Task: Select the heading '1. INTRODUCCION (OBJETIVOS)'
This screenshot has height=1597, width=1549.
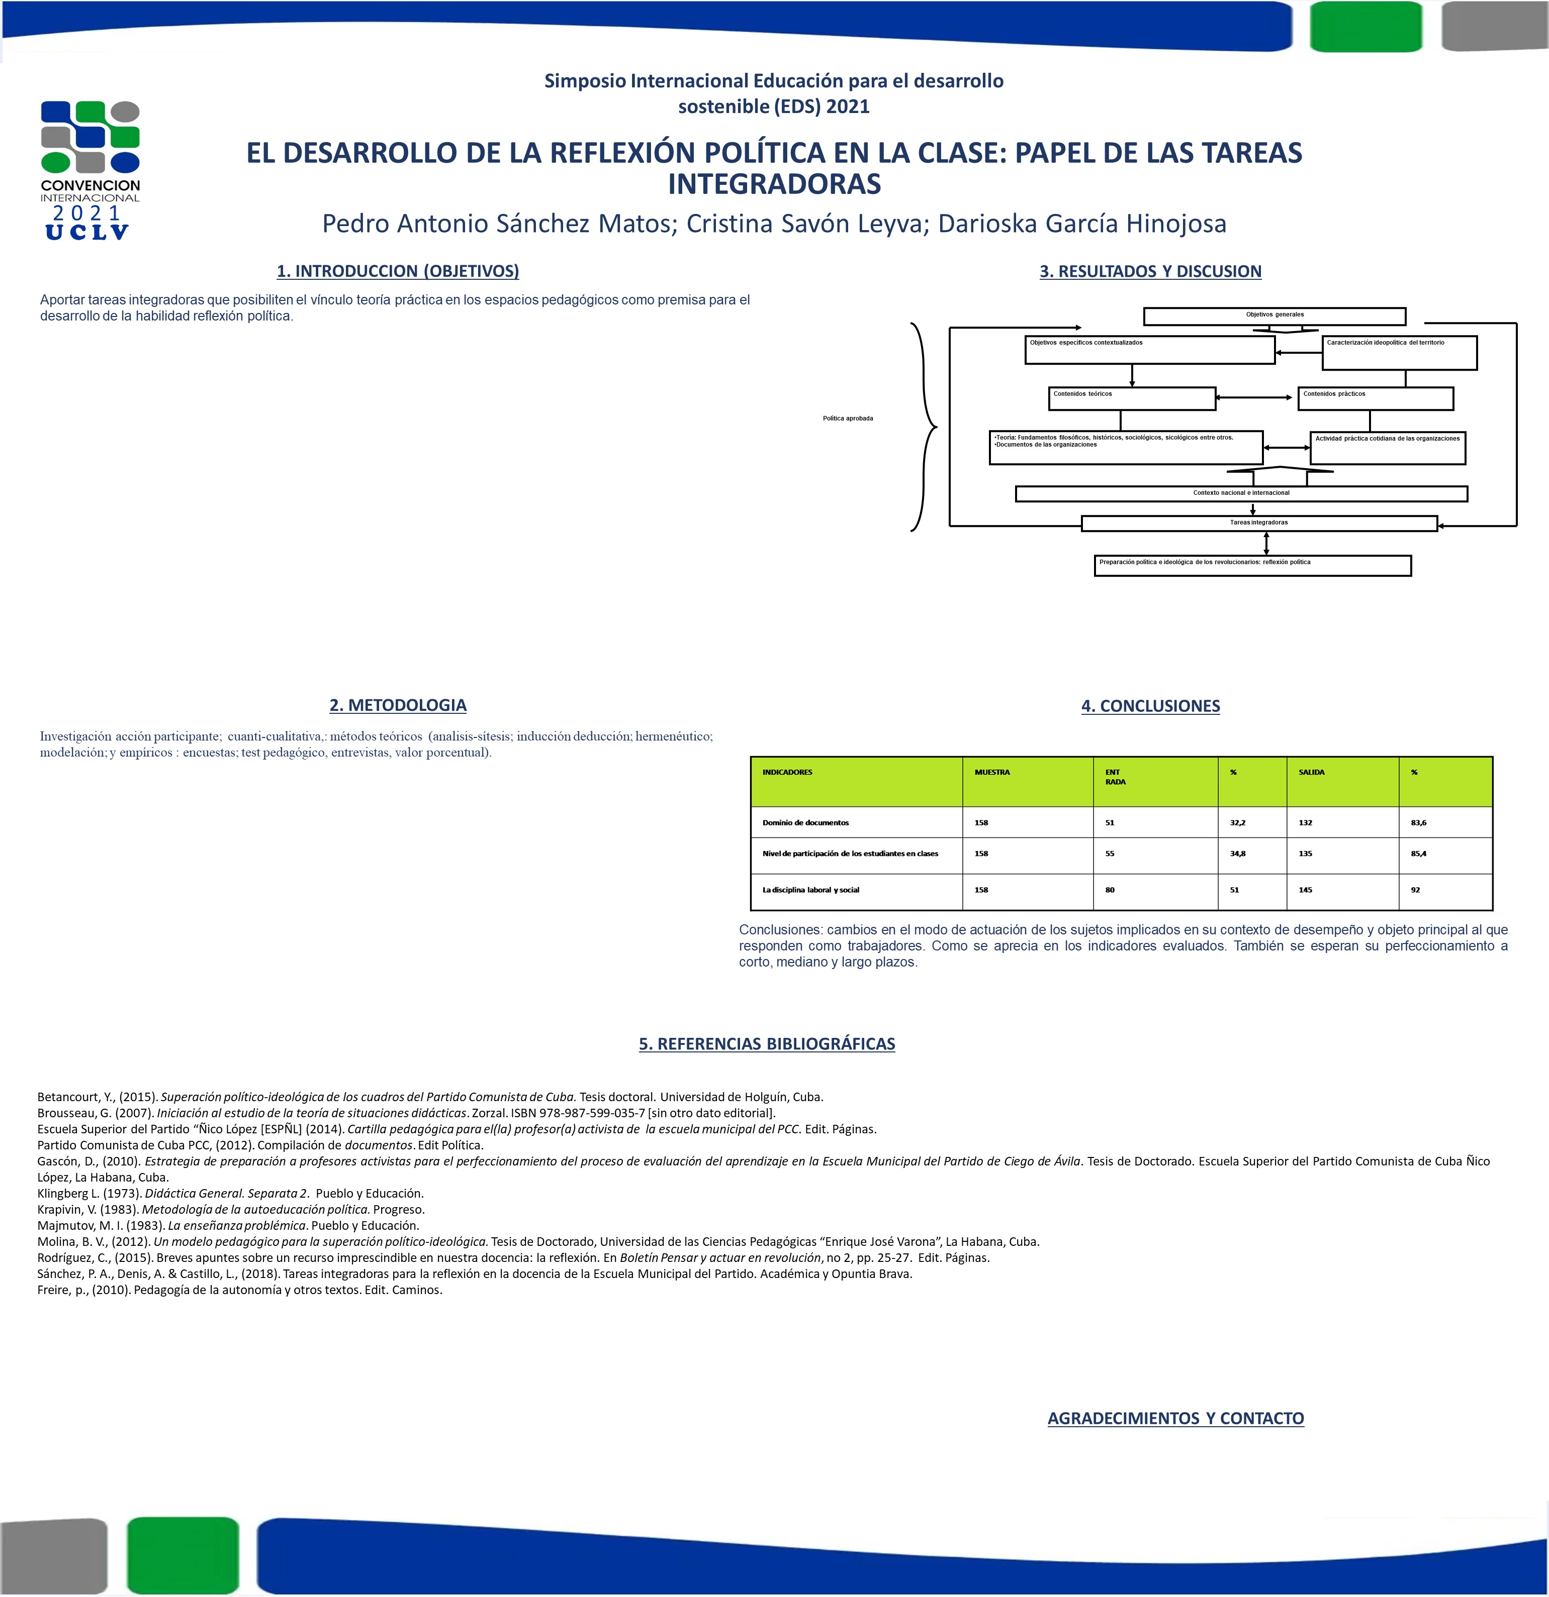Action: pyautogui.click(x=398, y=271)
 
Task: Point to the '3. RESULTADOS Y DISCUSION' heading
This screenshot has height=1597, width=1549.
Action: pyautogui.click(x=1150, y=271)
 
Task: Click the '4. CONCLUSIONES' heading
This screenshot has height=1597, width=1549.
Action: pyautogui.click(x=1150, y=706)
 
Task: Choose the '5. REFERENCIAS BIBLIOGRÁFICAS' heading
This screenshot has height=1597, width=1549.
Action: pyautogui.click(x=766, y=1044)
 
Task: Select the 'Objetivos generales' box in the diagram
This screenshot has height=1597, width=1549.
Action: pyautogui.click(x=1274, y=315)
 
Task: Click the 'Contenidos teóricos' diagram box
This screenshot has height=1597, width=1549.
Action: pyautogui.click(x=1132, y=398)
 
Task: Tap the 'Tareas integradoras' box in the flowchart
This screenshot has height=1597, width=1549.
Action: pyautogui.click(x=1259, y=523)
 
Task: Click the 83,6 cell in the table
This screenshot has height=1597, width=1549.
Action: pyautogui.click(x=1419, y=823)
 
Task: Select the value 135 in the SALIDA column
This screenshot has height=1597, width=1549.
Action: pyautogui.click(x=1305, y=854)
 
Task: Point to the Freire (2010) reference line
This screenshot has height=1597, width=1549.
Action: pyautogui.click(x=240, y=1290)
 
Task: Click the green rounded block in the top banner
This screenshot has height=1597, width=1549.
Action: pyautogui.click(x=1365, y=27)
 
